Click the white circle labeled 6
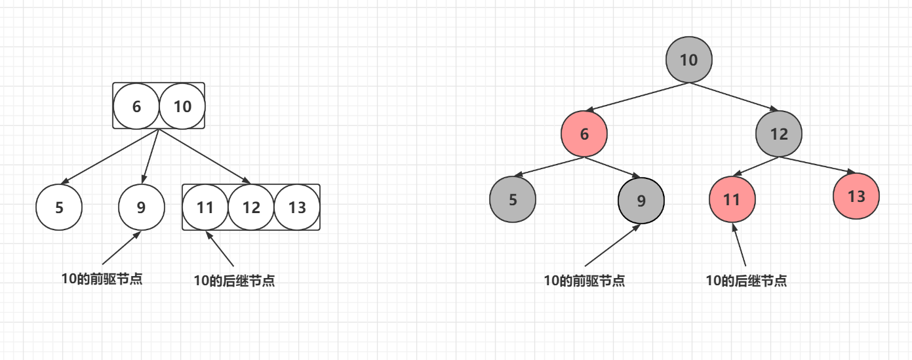point(136,106)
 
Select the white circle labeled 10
point(182,106)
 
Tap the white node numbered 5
point(59,208)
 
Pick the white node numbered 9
point(141,208)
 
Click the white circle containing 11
point(205,208)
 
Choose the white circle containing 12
point(251,208)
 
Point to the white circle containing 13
point(297,208)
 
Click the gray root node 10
point(688,60)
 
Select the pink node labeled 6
point(584,134)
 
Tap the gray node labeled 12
point(779,134)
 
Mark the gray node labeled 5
point(513,199)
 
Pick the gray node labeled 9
point(641,201)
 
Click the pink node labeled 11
point(732,199)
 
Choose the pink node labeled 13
point(856,197)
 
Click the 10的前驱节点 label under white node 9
point(102,279)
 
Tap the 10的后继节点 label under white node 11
point(234,281)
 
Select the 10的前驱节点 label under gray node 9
point(584,281)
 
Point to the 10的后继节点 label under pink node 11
point(746,281)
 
